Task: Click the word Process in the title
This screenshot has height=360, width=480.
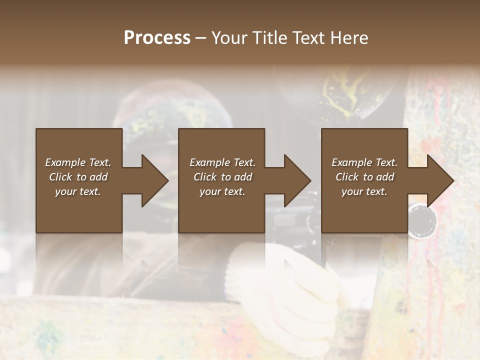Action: (x=157, y=38)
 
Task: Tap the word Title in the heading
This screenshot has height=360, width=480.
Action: (x=270, y=38)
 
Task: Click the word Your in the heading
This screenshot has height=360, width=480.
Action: (x=230, y=38)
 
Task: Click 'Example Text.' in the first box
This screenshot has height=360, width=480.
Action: (x=78, y=162)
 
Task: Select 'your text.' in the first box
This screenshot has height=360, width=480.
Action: (x=78, y=191)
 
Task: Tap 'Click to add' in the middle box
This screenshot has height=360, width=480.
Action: (x=222, y=177)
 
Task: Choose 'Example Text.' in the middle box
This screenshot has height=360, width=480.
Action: (x=222, y=162)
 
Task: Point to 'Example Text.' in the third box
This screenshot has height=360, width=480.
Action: (x=364, y=162)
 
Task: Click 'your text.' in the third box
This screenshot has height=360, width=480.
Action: (x=364, y=191)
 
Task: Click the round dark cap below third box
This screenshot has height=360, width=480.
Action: (x=422, y=220)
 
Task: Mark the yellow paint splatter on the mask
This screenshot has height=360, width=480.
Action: (x=345, y=92)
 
